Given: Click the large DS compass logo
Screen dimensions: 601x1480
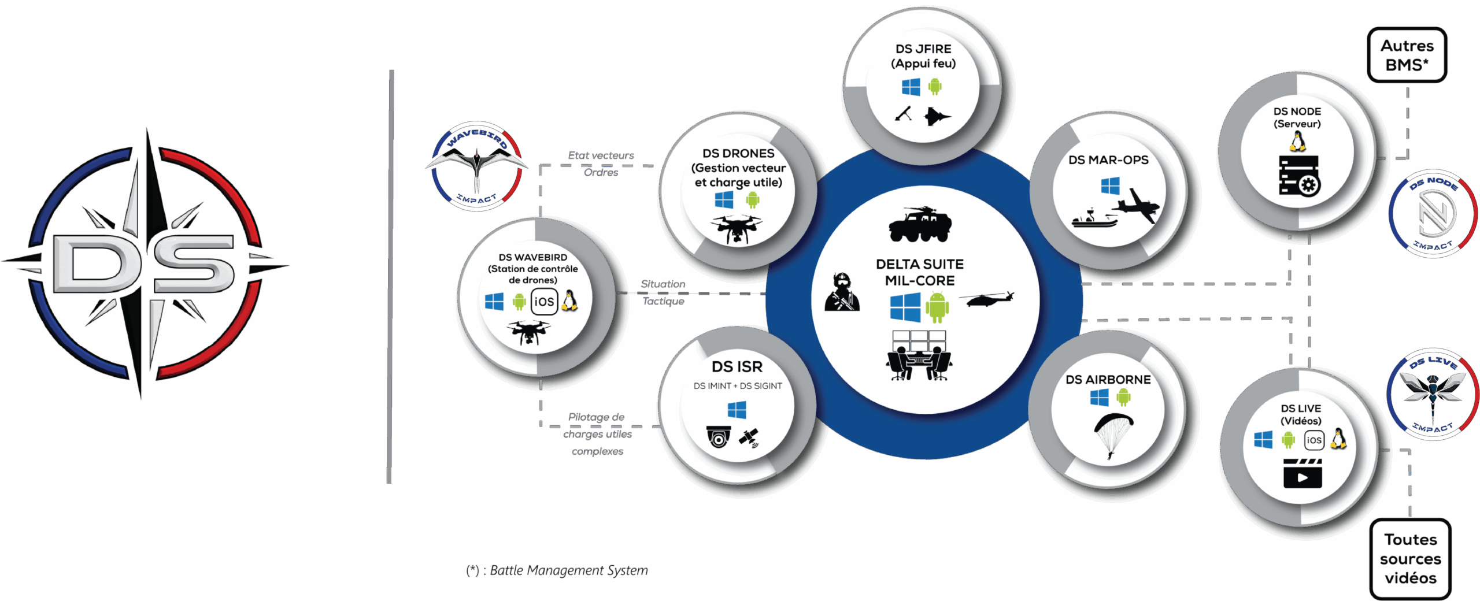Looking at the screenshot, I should coord(145,263).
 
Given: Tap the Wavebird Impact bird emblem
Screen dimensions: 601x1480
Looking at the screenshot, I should coord(476,166).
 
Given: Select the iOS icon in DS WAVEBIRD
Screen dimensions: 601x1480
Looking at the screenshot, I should coord(543,302).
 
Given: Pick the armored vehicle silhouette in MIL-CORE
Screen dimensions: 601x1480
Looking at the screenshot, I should coord(920,224).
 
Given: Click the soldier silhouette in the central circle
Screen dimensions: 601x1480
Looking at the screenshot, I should coord(842,292).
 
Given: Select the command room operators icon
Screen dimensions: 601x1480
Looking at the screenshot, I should coord(919,356).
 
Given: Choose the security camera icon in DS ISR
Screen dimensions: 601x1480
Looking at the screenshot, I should coord(718,436).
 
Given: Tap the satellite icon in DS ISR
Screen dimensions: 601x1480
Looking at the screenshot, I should coord(749,437).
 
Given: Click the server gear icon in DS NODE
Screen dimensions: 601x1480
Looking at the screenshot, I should coord(1299,176).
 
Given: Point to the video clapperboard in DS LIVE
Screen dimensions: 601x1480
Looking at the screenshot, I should coord(1302,473).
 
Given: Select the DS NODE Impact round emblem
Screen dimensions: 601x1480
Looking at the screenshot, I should coord(1433,214).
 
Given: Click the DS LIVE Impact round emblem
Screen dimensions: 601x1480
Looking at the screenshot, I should coord(1432,394).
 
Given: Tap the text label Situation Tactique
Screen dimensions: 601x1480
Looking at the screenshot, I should coord(663,292).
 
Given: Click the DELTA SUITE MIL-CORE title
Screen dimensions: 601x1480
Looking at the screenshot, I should coord(919,272).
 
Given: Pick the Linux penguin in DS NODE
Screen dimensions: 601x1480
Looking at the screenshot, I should coord(1298,141).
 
